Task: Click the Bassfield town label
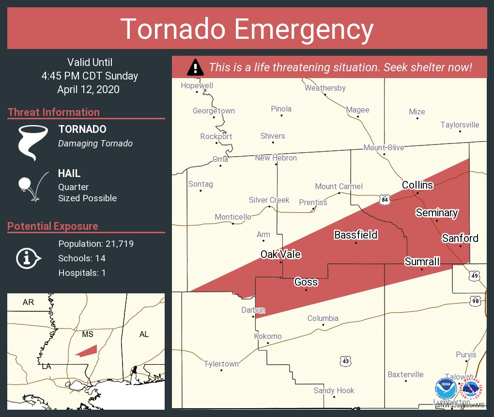tap(355, 235)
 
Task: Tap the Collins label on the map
tap(417, 185)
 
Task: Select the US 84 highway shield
tap(385, 200)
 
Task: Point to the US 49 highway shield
tap(475, 275)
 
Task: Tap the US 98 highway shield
tap(475, 301)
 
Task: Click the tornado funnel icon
tap(33, 142)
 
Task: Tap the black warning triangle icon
tap(195, 67)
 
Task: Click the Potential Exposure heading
tap(53, 226)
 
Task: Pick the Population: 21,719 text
tap(96, 243)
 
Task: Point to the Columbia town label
tap(323, 319)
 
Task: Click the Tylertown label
tap(221, 364)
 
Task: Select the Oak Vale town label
tap(280, 255)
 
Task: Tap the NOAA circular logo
tap(446, 388)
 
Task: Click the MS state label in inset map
tap(88, 335)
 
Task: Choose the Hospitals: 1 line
tap(82, 273)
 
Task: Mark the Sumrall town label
tap(422, 262)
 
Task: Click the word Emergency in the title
tap(304, 29)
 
